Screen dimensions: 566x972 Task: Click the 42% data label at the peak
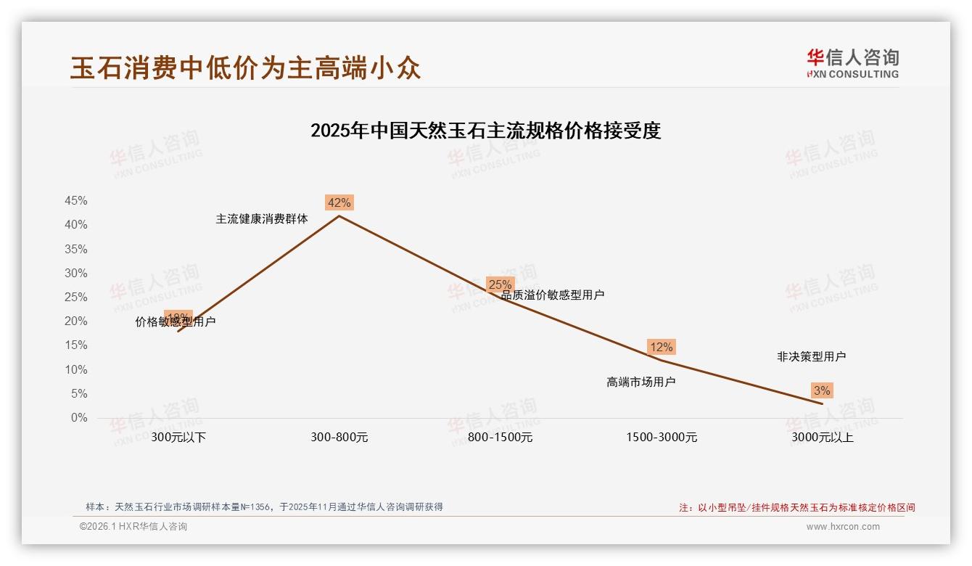click(x=339, y=203)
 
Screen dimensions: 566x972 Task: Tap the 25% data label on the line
click(x=500, y=284)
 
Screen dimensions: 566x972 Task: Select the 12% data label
click(x=661, y=347)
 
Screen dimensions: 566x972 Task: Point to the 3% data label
click(x=821, y=390)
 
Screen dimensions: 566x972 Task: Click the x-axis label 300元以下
click(x=178, y=438)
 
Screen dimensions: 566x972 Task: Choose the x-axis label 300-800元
click(x=339, y=438)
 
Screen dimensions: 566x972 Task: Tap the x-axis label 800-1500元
click(x=500, y=438)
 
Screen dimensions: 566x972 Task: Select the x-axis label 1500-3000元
click(x=662, y=438)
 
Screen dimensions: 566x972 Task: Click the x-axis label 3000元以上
click(x=823, y=438)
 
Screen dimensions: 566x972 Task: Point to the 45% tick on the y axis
click(x=76, y=201)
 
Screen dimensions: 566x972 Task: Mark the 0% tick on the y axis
click(x=79, y=418)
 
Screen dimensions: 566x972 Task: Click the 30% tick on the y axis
click(x=76, y=274)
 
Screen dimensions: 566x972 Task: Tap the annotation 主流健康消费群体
click(x=262, y=218)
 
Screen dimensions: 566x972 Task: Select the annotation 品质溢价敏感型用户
click(x=553, y=295)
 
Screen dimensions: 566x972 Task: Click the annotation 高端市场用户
click(x=641, y=382)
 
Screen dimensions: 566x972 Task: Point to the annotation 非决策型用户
click(x=811, y=357)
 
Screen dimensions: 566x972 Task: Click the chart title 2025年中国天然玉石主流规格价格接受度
click(x=485, y=131)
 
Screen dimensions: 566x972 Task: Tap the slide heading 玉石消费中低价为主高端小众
click(x=245, y=67)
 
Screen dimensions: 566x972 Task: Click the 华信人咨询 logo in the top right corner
click(x=852, y=63)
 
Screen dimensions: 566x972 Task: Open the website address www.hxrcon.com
click(x=842, y=527)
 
